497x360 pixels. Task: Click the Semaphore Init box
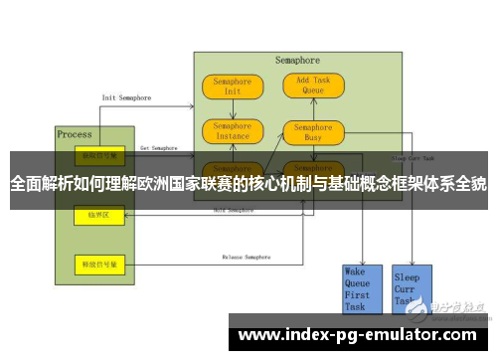click(233, 86)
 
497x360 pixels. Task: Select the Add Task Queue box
click(313, 86)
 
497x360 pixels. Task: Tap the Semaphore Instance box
click(233, 131)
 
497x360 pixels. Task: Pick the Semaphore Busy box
click(313, 132)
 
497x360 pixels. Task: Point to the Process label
click(75, 134)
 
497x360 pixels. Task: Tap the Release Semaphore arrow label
click(245, 258)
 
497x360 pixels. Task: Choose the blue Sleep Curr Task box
click(409, 288)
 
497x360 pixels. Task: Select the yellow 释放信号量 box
click(100, 264)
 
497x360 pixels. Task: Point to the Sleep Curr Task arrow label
click(412, 158)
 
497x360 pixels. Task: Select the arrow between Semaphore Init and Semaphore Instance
click(233, 108)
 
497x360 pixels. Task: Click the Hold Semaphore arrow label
click(235, 211)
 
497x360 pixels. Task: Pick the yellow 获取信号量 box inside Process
click(100, 157)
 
